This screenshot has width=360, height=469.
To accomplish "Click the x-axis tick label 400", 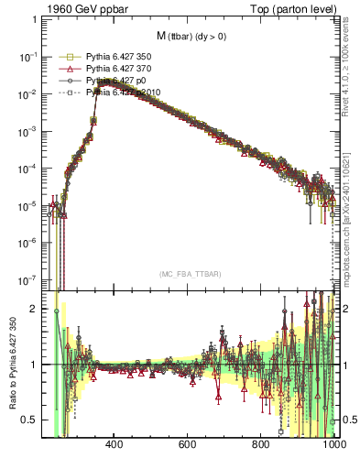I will [115, 445].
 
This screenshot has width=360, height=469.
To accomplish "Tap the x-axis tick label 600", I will [188, 445].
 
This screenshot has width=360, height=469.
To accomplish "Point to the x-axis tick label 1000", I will [333, 445].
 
